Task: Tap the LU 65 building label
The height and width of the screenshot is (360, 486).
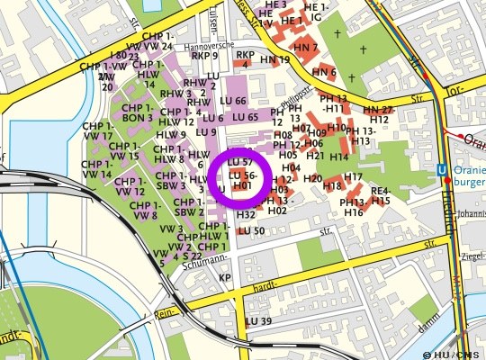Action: click(x=245, y=118)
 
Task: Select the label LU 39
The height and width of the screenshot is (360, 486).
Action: click(x=258, y=321)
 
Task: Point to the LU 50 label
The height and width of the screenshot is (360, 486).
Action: click(x=252, y=231)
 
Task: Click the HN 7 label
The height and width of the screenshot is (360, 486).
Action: click(x=306, y=47)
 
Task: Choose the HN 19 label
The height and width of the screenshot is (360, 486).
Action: click(x=275, y=60)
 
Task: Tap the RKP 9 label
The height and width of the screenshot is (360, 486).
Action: click(x=203, y=56)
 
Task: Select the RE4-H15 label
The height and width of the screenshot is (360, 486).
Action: click(x=381, y=196)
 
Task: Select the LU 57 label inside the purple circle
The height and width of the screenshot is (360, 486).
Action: click(x=239, y=161)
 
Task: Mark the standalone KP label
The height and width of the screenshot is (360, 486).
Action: click(x=225, y=278)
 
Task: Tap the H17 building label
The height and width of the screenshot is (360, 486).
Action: click(x=353, y=176)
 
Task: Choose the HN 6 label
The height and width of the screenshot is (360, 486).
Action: click(x=324, y=72)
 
